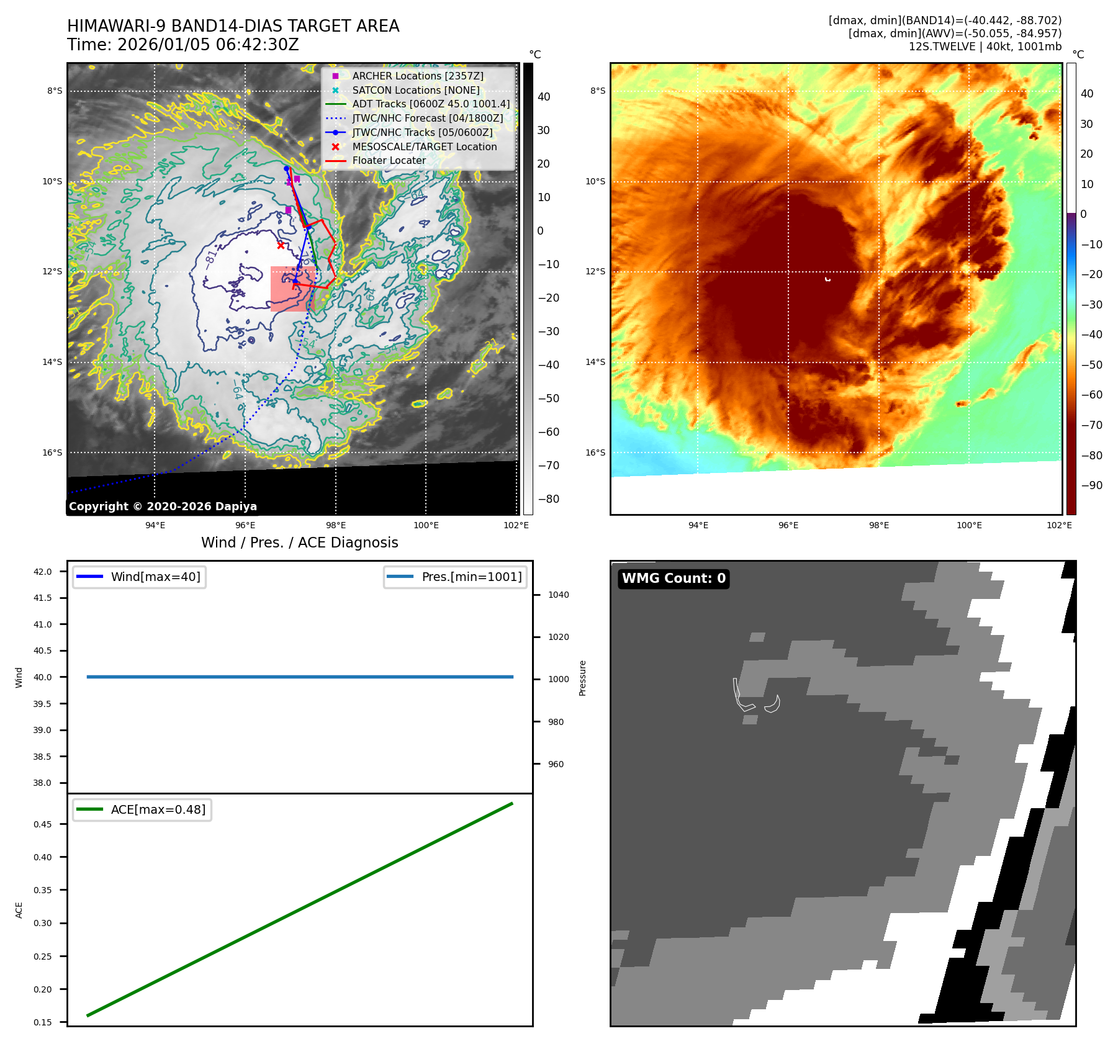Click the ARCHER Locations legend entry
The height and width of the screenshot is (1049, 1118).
pyautogui.click(x=418, y=76)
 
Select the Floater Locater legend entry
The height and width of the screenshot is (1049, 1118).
pyautogui.click(x=389, y=160)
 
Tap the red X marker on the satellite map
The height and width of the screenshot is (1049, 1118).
pyautogui.click(x=281, y=245)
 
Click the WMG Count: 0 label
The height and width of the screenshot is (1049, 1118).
pyautogui.click(x=674, y=579)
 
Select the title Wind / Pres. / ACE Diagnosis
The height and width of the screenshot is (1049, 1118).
pyautogui.click(x=300, y=543)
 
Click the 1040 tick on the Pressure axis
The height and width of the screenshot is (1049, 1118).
pyautogui.click(x=558, y=595)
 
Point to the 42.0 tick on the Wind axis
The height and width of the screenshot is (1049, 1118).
pyautogui.click(x=42, y=572)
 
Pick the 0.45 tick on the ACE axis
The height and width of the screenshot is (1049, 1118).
pyautogui.click(x=42, y=824)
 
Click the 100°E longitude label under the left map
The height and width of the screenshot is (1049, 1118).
pyautogui.click(x=426, y=525)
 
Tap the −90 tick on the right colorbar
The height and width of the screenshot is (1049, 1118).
pyautogui.click(x=1091, y=485)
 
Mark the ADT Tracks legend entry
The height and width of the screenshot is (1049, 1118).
pyautogui.click(x=431, y=104)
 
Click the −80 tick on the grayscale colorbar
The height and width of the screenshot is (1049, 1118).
pyautogui.click(x=548, y=499)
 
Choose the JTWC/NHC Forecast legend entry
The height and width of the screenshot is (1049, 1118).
pyautogui.click(x=428, y=118)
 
